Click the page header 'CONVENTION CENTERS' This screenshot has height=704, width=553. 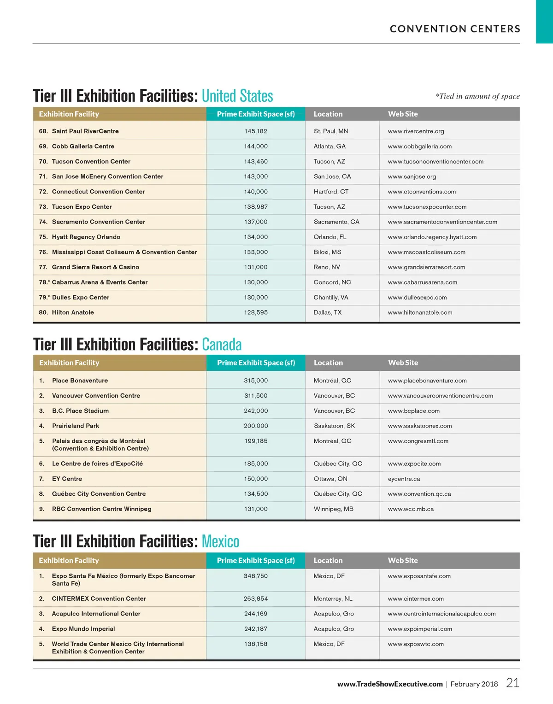[455, 29]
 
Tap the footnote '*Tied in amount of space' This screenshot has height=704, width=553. [477, 96]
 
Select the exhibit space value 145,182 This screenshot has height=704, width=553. [256, 131]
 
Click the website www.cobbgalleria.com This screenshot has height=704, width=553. [420, 147]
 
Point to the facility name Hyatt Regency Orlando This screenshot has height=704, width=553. [86, 237]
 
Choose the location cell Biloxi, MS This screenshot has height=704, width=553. [327, 252]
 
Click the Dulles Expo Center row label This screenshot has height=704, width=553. [81, 298]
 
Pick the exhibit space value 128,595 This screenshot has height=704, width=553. [256, 312]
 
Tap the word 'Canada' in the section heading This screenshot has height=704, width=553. [222, 345]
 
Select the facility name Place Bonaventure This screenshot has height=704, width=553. [80, 381]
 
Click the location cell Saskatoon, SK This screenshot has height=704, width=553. [334, 426]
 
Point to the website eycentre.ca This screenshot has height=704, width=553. [404, 479]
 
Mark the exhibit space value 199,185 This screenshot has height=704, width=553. [256, 441]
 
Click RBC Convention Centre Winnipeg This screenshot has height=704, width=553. [101, 509]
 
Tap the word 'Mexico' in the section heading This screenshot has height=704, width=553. [220, 541]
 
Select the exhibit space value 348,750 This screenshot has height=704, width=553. [256, 576]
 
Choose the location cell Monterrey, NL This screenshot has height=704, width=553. [333, 598]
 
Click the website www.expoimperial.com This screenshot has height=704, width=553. [420, 629]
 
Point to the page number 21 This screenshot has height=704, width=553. [512, 683]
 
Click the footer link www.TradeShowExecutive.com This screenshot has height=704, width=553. [390, 684]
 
